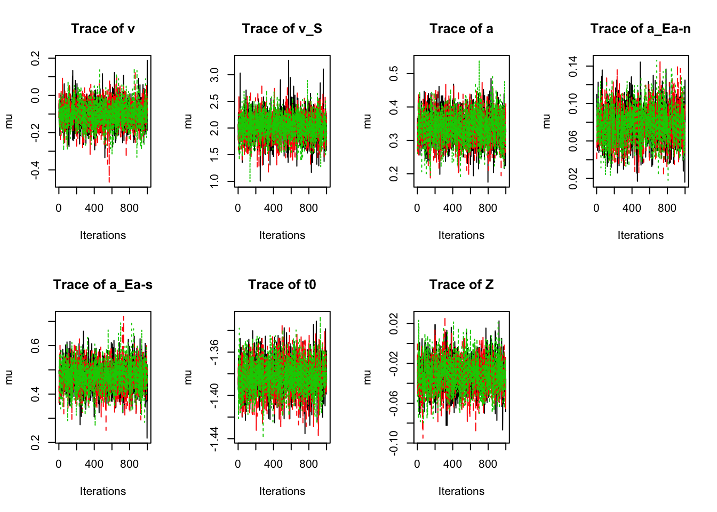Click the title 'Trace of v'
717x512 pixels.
click(x=103, y=29)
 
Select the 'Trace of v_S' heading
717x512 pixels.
click(x=282, y=29)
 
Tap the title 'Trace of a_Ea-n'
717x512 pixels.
click(x=640, y=29)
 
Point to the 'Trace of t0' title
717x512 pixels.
click(x=282, y=285)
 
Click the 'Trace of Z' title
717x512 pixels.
click(x=461, y=285)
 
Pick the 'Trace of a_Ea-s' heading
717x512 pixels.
click(x=103, y=285)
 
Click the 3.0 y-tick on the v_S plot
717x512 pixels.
click(x=214, y=75)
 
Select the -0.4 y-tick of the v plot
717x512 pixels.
click(x=35, y=170)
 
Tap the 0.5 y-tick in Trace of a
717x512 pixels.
click(x=394, y=74)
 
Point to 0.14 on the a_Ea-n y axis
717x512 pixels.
click(x=573, y=66)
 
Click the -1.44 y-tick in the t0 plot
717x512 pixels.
click(x=214, y=438)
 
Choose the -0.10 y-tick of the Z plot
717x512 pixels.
click(x=394, y=443)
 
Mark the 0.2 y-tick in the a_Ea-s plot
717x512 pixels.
click(x=35, y=443)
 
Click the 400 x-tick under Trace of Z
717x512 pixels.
click(x=452, y=464)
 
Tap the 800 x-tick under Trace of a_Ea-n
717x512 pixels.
click(x=667, y=208)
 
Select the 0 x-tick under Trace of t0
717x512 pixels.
click(x=238, y=464)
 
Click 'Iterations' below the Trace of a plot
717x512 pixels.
click(x=461, y=235)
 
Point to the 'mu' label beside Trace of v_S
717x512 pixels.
click(x=188, y=121)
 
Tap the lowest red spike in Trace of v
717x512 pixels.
click(x=109, y=181)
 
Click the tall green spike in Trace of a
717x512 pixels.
click(x=479, y=62)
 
